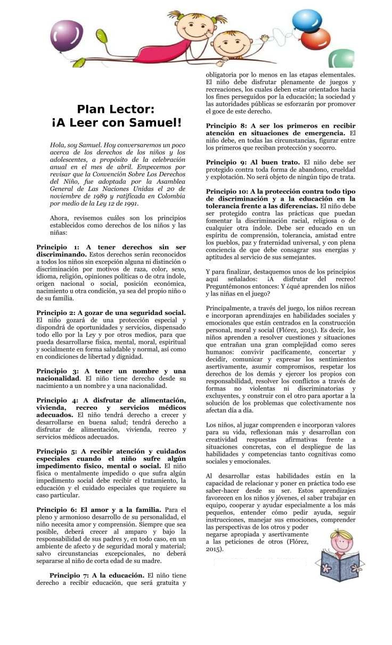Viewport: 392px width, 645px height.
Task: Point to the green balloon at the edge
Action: coord(342,58)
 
